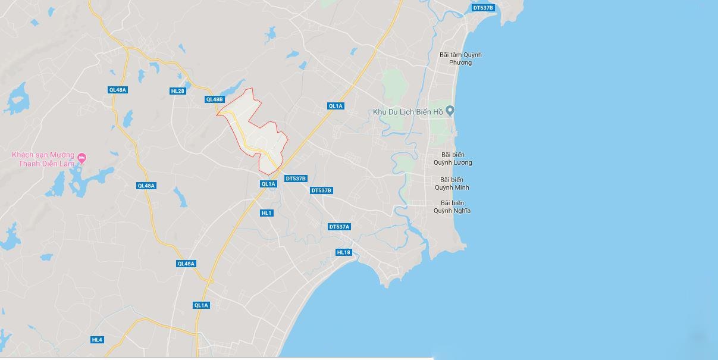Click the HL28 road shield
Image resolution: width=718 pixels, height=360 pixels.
[177, 91]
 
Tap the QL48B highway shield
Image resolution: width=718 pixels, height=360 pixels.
[214, 99]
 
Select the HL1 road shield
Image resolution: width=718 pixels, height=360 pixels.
[266, 213]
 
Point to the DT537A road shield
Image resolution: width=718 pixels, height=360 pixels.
[340, 227]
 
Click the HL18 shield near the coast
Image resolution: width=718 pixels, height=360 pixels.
[344, 252]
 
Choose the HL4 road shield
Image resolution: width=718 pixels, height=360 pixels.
[97, 340]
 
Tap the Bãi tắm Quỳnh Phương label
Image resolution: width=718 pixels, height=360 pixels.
[460, 58]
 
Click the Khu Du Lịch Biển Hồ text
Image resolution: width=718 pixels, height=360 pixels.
[408, 111]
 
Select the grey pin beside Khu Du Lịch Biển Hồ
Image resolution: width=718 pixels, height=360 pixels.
[450, 110]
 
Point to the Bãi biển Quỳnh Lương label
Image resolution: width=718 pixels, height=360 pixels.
[453, 159]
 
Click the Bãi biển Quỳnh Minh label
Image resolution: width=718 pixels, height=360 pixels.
[452, 183]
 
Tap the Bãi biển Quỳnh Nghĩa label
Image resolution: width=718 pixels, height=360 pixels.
[452, 206]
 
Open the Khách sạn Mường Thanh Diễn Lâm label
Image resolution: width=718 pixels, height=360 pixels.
[42, 159]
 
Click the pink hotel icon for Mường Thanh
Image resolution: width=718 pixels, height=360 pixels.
[82, 158]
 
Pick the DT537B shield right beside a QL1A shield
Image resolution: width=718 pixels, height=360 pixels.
[296, 179]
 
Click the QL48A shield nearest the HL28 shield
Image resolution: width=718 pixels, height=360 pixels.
[118, 90]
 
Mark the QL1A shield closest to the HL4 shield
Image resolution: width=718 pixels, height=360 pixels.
[201, 305]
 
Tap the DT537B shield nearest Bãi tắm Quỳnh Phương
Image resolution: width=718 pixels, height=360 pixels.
[482, 8]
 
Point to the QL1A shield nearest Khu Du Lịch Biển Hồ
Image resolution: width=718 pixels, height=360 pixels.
[336, 106]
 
